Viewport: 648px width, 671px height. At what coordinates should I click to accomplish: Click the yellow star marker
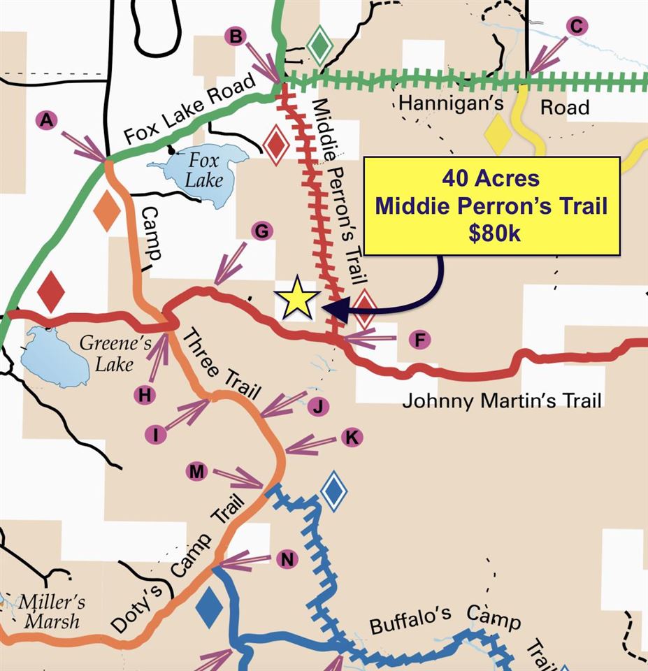tap(297, 298)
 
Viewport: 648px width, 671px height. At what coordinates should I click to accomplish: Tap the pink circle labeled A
tap(46, 121)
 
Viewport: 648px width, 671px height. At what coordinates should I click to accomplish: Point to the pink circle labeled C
tap(577, 27)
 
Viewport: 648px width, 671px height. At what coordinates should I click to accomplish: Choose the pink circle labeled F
tap(419, 340)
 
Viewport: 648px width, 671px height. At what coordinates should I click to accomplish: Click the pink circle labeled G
tap(261, 231)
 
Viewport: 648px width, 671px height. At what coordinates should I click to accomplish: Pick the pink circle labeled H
tap(145, 395)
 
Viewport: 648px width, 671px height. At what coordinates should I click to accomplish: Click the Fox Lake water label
tap(203, 169)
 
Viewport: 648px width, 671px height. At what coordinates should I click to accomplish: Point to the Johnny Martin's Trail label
tap(502, 401)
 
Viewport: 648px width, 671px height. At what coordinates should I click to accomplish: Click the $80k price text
tap(494, 233)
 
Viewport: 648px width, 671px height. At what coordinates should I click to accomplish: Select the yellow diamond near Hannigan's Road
tap(498, 134)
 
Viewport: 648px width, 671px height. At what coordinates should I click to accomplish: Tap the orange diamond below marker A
tap(107, 210)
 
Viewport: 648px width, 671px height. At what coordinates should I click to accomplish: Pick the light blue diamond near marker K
tap(334, 492)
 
